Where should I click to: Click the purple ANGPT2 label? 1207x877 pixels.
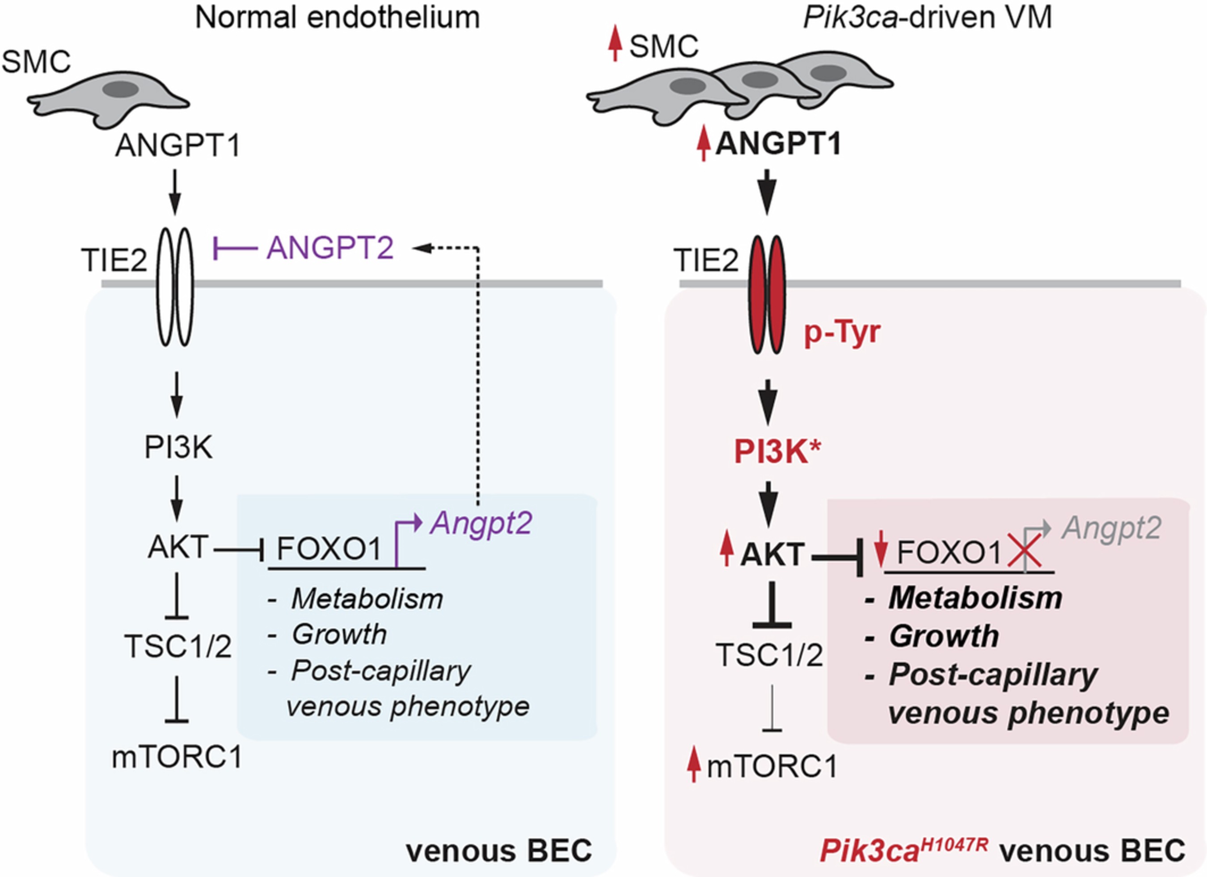click(330, 248)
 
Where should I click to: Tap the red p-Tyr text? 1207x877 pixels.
click(842, 333)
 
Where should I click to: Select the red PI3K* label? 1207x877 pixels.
click(777, 452)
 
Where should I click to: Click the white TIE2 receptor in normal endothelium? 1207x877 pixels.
click(175, 287)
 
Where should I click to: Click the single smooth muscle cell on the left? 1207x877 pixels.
click(109, 98)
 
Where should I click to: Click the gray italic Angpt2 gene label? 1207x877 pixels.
click(1111, 529)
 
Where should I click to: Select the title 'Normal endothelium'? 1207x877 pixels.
click(338, 18)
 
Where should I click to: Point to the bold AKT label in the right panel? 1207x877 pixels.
click(772, 555)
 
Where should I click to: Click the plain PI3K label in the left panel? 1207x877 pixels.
click(178, 448)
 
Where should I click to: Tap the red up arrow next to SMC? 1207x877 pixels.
click(615, 45)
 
